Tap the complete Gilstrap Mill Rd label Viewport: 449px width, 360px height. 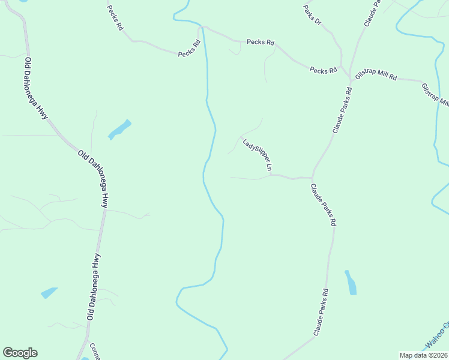point(376,76)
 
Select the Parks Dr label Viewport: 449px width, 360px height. point(313,14)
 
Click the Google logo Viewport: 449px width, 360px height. point(20,353)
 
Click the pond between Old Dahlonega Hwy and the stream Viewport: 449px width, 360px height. point(119,129)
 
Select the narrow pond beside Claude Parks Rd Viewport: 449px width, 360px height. point(351,283)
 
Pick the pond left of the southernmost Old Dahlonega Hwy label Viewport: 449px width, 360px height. point(49,293)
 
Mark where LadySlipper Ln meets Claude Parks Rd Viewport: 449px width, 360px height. point(312,178)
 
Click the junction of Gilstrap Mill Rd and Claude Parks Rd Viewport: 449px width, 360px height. point(351,79)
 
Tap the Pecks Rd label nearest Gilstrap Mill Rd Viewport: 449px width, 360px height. point(323,71)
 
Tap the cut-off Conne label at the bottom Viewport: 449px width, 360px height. point(94,350)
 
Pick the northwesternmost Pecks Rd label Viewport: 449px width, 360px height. point(115,18)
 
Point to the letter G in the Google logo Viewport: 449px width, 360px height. point(8,353)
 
